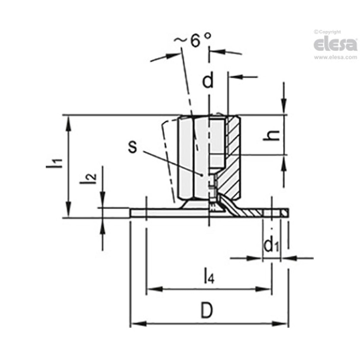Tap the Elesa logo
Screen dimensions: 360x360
pyautogui.click(x=335, y=44)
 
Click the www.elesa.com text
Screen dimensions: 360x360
pyautogui.click(x=336, y=57)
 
